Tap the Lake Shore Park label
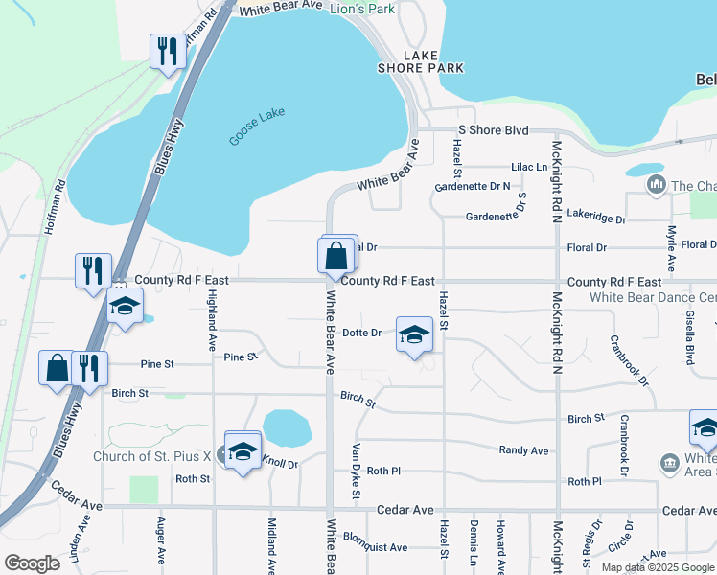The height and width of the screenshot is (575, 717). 433,61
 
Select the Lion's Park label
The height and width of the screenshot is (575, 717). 362,9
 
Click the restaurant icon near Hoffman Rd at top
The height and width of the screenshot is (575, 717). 169,52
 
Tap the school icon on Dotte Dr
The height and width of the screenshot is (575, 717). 414,335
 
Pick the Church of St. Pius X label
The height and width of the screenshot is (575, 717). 153,456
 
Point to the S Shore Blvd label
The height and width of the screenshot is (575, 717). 494,129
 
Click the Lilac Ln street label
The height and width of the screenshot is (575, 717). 528,167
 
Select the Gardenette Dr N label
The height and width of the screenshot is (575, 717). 473,187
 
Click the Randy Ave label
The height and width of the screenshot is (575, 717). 524,450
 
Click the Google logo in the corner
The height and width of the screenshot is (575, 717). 32,563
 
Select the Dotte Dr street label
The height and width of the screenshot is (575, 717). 362,333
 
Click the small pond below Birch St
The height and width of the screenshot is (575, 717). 287,428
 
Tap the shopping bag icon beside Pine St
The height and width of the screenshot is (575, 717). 57,369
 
